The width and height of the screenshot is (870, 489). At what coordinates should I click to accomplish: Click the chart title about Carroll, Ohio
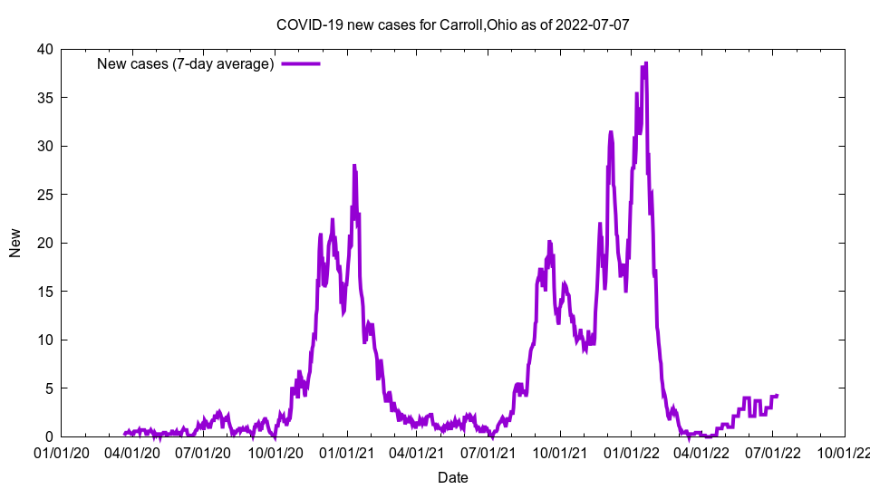pyautogui.click(x=452, y=24)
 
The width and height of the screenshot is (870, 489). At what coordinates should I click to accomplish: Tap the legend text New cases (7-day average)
pyautogui.click(x=186, y=64)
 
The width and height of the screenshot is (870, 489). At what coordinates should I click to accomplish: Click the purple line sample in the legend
pyautogui.click(x=301, y=64)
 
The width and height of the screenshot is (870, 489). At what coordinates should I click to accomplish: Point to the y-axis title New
pyautogui.click(x=15, y=243)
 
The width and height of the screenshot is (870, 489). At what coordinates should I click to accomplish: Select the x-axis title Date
pyautogui.click(x=453, y=477)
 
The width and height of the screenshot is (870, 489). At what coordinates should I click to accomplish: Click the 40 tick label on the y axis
pyautogui.click(x=44, y=49)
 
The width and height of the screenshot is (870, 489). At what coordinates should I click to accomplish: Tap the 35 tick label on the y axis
pyautogui.click(x=44, y=98)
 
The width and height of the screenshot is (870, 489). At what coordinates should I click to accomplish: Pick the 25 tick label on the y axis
pyautogui.click(x=44, y=195)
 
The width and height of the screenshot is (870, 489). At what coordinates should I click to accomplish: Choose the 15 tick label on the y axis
pyautogui.click(x=44, y=292)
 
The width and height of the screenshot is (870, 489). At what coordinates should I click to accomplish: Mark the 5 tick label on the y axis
pyautogui.click(x=49, y=388)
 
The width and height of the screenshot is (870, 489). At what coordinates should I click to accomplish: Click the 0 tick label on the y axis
pyautogui.click(x=49, y=436)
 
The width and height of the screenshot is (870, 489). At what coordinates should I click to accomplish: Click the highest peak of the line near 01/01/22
pyautogui.click(x=645, y=63)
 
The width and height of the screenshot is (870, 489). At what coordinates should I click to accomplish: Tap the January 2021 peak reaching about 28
pyautogui.click(x=354, y=166)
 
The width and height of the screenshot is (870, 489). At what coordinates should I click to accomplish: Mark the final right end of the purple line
pyautogui.click(x=777, y=396)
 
